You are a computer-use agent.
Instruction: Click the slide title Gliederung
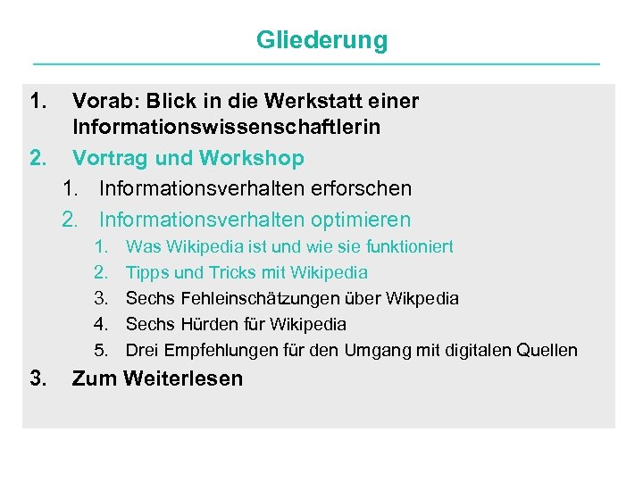coord(321,40)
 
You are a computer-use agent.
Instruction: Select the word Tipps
coord(146,272)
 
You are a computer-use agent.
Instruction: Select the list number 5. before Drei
coord(101,350)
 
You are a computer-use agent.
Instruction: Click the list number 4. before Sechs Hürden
coord(101,324)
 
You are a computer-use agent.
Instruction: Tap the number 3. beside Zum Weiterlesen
coord(38,378)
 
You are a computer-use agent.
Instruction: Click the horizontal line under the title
coord(317,64)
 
